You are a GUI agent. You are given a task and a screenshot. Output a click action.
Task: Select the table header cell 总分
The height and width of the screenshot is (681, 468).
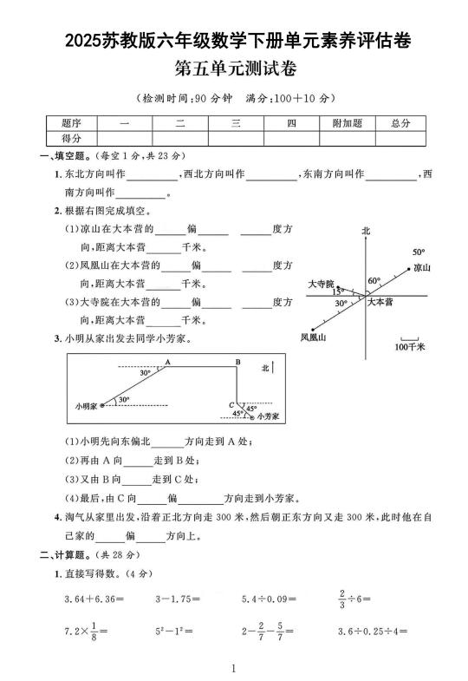point(400,124)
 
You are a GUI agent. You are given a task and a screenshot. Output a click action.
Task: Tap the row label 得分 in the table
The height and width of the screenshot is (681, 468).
point(71,138)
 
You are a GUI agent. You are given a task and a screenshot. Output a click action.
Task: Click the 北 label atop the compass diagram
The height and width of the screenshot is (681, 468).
point(366,232)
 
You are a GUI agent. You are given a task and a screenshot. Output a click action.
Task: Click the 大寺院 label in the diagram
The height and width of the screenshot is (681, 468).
point(320,284)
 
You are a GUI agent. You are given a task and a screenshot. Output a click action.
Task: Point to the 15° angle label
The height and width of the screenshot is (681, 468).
point(337,292)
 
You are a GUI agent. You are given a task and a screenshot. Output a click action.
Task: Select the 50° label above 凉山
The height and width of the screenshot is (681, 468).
point(419,252)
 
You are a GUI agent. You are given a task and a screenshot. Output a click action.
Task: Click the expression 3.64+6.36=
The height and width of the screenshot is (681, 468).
point(94,599)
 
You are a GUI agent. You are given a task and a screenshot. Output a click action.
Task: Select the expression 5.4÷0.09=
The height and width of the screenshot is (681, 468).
point(269,599)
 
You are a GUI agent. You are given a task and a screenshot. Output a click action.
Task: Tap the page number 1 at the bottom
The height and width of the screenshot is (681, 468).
point(234,668)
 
